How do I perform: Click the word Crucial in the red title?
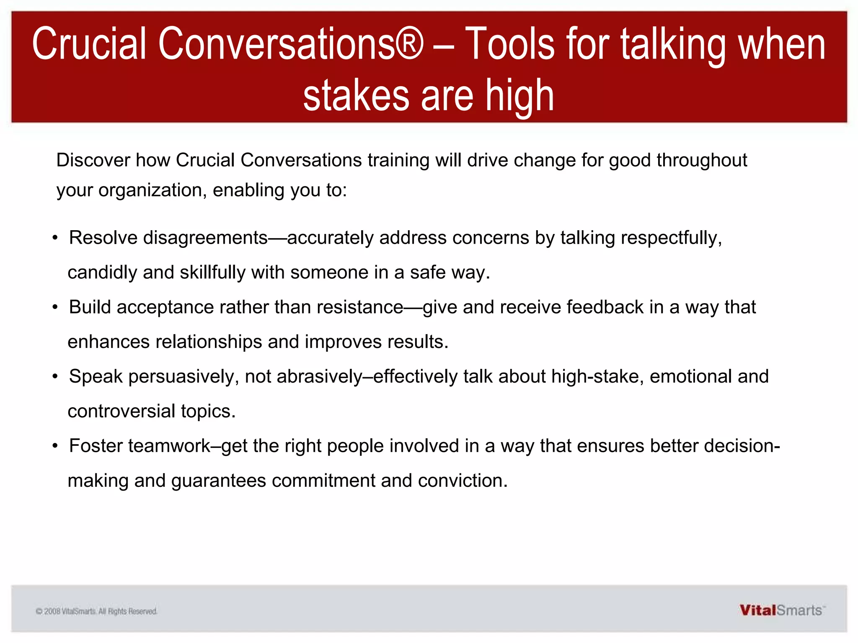[89, 44]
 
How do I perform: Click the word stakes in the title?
[356, 96]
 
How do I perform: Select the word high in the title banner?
[519, 96]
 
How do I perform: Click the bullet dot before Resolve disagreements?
[55, 238]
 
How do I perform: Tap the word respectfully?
[671, 238]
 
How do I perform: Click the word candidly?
[102, 273]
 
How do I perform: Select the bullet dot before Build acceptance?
[55, 307]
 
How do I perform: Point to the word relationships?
[209, 342]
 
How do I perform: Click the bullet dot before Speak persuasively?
[55, 377]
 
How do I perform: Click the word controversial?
[121, 412]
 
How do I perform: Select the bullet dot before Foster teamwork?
[55, 446]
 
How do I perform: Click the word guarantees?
[218, 481]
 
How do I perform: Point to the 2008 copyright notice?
[96, 612]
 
